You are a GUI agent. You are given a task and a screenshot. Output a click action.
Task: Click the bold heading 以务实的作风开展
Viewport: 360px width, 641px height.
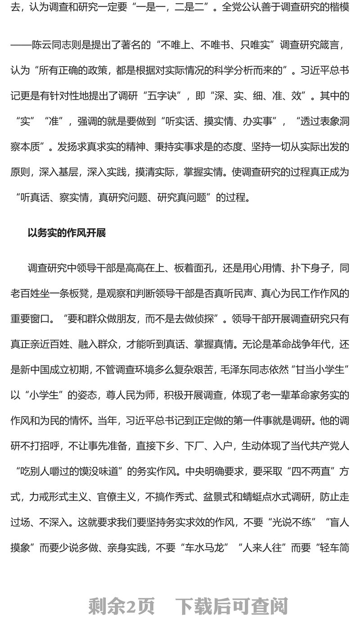click(67, 233)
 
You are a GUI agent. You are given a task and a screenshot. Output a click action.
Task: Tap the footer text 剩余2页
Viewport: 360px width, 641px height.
click(121, 606)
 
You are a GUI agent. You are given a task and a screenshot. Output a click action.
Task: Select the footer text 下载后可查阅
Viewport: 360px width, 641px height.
click(231, 606)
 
